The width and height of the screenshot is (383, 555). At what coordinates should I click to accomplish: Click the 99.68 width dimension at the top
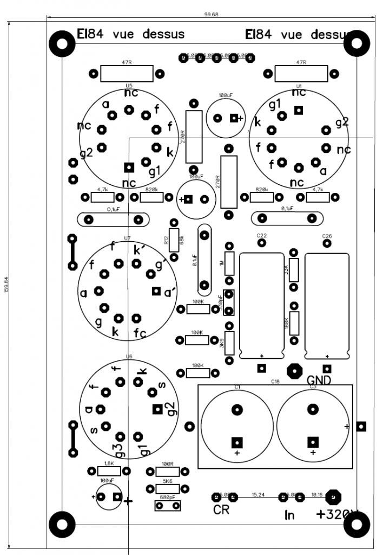pos(211,14)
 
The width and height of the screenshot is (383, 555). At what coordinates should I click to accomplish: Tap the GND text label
pos(319,379)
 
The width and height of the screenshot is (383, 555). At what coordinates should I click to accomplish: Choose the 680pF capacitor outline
pos(168,506)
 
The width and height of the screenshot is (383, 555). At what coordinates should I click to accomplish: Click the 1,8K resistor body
pos(108,470)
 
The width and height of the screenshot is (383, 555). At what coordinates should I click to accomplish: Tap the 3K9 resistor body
pos(229,343)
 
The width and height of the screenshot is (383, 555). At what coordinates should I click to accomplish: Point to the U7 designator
pos(127,238)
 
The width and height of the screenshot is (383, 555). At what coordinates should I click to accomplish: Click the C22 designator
pos(262,236)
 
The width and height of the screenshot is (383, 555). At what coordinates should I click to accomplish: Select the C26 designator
pos(327,236)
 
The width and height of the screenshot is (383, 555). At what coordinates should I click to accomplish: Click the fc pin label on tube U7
pos(140,332)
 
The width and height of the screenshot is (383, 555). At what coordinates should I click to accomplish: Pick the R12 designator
pos(167,240)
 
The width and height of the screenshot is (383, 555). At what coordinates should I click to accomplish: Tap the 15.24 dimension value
pos(258,495)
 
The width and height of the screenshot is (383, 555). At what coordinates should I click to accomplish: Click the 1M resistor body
pos(229,263)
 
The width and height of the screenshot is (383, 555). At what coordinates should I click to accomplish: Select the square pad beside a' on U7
pos(156,292)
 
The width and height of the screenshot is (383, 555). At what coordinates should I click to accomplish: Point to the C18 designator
pos(275,382)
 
